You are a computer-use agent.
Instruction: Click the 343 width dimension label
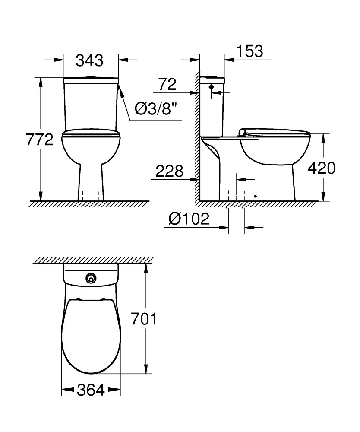click(x=90, y=60)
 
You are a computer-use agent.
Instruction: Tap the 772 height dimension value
click(x=39, y=140)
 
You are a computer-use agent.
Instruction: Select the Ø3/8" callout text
click(x=156, y=109)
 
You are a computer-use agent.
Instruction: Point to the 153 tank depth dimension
click(x=249, y=51)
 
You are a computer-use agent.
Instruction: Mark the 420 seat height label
click(x=321, y=168)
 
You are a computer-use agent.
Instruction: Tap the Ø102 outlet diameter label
click(x=189, y=219)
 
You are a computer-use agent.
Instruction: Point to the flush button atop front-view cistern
click(x=91, y=77)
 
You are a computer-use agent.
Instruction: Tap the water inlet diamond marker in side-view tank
click(x=211, y=87)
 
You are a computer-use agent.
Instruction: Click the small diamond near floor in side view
click(x=256, y=196)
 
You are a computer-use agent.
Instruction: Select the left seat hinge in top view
click(x=78, y=299)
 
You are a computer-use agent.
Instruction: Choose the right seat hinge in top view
click(x=104, y=299)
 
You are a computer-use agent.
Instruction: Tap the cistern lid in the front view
click(x=91, y=80)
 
